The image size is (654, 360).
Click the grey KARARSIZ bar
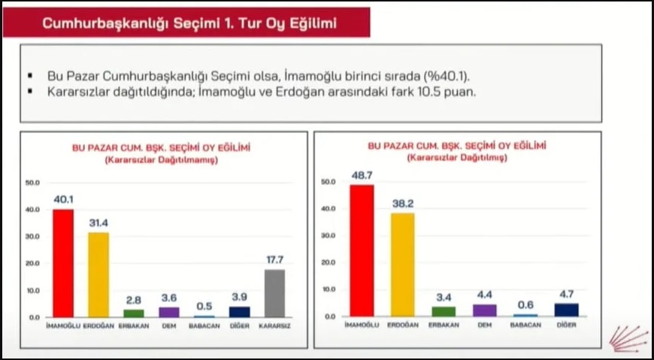point(275,293)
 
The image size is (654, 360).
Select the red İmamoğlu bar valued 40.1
point(63,263)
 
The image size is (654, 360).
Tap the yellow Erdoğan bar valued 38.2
point(403,265)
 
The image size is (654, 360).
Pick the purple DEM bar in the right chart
point(485,310)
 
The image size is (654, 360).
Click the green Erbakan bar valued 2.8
point(134,313)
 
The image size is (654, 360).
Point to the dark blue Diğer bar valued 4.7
point(567,310)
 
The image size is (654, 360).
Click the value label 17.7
point(275,260)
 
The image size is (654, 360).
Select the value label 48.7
point(362,176)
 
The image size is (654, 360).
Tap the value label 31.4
point(98,222)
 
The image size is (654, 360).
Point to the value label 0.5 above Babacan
point(204,305)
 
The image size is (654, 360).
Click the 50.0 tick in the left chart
point(32,183)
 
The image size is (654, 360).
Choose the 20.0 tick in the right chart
point(329,263)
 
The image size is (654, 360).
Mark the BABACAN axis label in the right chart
point(525,325)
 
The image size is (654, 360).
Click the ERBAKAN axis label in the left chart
point(134,326)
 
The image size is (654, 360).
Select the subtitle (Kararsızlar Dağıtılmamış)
point(161,160)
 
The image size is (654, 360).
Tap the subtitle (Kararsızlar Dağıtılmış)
point(457,158)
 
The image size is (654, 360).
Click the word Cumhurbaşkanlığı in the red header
point(104,23)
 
